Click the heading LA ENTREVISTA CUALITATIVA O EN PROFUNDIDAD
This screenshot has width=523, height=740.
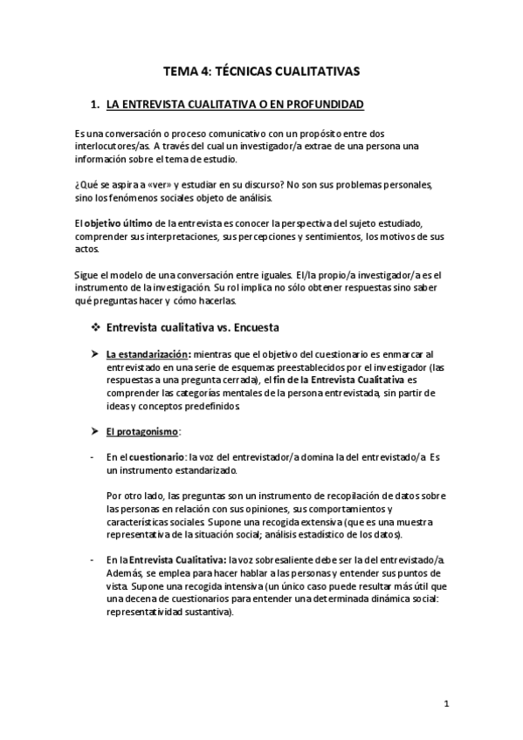click(235, 106)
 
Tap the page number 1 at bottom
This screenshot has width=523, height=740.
click(445, 704)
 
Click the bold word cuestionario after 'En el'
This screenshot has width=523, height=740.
click(157, 457)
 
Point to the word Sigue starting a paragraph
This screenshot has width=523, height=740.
click(88, 275)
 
